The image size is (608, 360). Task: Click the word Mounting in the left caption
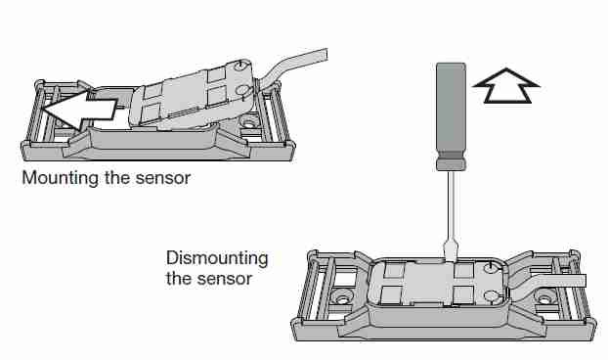click(60, 178)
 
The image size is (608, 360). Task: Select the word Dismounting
click(217, 258)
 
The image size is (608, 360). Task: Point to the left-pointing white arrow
click(79, 110)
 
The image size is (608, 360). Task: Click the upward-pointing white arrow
click(506, 86)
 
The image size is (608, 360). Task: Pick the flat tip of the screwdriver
click(451, 252)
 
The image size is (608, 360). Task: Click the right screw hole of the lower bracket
click(545, 298)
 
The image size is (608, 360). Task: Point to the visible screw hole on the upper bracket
click(248, 124)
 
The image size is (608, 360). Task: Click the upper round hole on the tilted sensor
click(241, 66)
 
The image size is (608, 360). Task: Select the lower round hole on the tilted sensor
click(242, 90)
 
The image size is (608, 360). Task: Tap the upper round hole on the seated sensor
click(491, 267)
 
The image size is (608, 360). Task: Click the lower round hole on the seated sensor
click(491, 296)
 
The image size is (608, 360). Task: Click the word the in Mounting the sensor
click(116, 178)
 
